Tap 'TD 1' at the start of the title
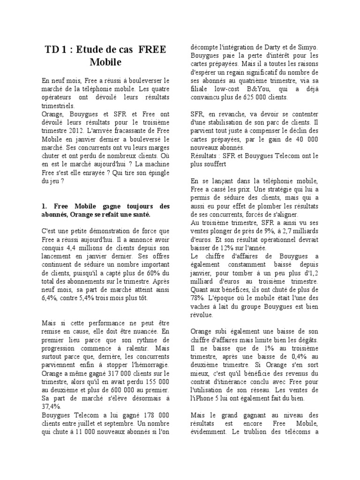tap(55, 50)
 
